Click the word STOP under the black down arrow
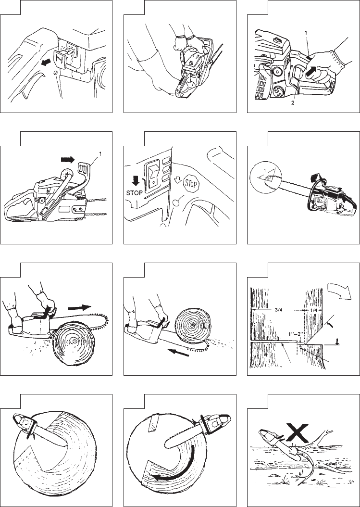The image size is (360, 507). click(x=134, y=193)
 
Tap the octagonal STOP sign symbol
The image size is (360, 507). click(x=191, y=184)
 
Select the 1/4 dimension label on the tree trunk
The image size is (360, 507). click(x=314, y=310)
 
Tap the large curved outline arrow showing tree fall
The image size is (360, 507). click(x=339, y=290)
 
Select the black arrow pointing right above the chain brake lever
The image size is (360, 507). click(x=68, y=159)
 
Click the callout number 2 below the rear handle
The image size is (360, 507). click(x=293, y=103)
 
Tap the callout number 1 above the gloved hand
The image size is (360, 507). click(x=306, y=33)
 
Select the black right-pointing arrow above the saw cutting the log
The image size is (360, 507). click(x=80, y=307)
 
